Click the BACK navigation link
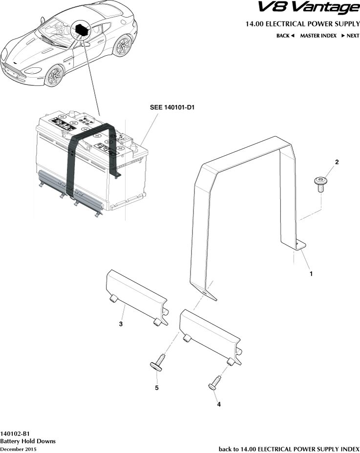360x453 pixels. pyautogui.click(x=285, y=36)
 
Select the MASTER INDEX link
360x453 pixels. pyautogui.click(x=318, y=36)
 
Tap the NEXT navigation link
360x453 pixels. pyautogui.click(x=350, y=36)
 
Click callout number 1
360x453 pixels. pyautogui.click(x=311, y=274)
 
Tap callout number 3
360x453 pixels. pyautogui.click(x=121, y=324)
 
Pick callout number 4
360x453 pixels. pyautogui.click(x=218, y=404)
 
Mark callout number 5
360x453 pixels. pyautogui.click(x=157, y=388)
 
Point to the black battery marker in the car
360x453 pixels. pyautogui.click(x=81, y=30)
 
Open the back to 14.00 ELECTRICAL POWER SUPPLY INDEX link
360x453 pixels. pyautogui.click(x=289, y=449)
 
